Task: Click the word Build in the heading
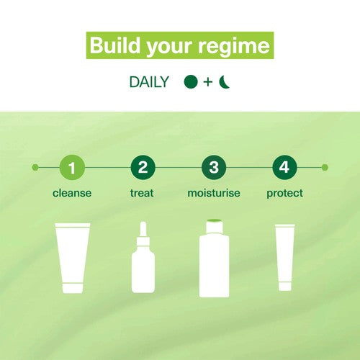(114, 45)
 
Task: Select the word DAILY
(149, 82)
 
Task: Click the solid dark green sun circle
(191, 82)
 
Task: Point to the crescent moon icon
(224, 82)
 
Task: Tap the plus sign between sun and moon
(208, 82)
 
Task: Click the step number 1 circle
(72, 167)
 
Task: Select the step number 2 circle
(143, 167)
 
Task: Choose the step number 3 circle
(214, 167)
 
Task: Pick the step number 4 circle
(284, 167)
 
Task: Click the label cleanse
(72, 193)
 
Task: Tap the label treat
(142, 193)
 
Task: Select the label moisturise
(214, 193)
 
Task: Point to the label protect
(284, 194)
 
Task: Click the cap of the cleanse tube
(73, 288)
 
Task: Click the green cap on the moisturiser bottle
(215, 221)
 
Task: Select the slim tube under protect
(285, 258)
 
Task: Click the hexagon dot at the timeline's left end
(35, 167)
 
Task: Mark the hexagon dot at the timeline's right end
(325, 167)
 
